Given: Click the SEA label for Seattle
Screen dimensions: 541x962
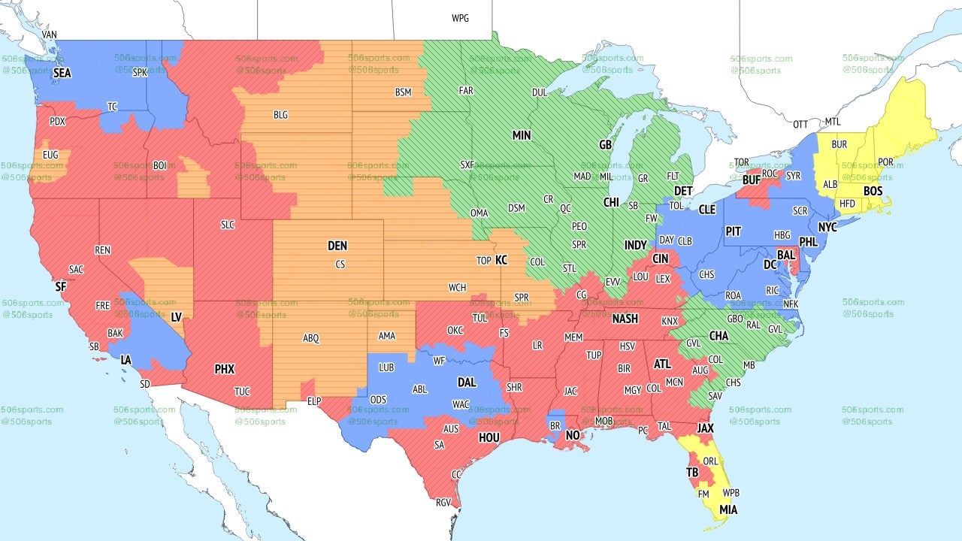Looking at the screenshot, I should [62, 73].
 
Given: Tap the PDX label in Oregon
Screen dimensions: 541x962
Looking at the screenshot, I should [57, 121].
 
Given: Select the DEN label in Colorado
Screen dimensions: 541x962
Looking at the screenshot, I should [337, 246].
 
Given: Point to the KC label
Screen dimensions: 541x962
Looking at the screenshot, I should [501, 260].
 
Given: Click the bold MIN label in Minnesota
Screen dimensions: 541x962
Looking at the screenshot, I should [522, 135].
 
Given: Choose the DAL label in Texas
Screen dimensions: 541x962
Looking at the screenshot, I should [467, 382].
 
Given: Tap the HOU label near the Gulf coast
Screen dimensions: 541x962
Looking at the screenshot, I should [489, 437].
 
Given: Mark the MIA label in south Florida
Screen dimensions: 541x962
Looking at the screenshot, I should [728, 510].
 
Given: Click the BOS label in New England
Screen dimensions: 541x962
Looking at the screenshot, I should [873, 192].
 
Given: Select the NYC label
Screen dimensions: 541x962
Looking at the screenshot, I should [827, 227].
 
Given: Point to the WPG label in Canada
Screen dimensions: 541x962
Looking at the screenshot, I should [460, 18].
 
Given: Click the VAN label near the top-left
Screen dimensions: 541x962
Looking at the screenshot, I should [50, 35].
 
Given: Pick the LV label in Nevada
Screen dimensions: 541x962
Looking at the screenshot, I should [177, 317].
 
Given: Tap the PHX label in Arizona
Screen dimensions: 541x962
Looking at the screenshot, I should [225, 369].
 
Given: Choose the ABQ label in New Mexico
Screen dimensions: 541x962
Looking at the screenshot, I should [311, 338].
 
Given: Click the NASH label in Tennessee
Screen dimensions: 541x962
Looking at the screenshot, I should [625, 319].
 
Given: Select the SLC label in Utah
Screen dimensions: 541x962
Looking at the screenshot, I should [227, 224].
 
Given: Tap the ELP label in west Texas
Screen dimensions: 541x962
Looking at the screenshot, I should [313, 401].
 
